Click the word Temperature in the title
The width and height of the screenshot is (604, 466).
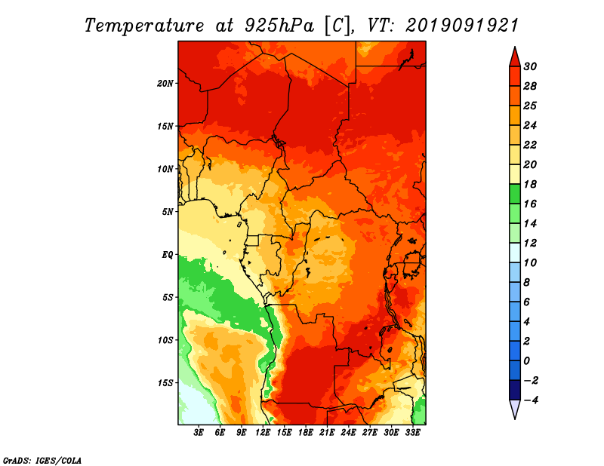(144, 26)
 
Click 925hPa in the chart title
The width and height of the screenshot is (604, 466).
(279, 26)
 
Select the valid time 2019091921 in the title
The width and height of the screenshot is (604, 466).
(462, 26)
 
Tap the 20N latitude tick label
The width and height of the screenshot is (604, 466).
(165, 84)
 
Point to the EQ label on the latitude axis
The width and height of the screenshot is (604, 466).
(167, 255)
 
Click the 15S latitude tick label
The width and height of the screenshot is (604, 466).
(165, 383)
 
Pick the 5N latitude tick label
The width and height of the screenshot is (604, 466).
(168, 212)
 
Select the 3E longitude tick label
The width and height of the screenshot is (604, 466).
(199, 433)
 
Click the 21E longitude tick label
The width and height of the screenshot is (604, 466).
(327, 433)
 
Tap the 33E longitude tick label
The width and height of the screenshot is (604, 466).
(412, 433)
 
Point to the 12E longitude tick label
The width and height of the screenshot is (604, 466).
(263, 433)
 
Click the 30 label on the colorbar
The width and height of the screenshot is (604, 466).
(530, 66)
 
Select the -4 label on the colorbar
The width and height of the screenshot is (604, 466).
(531, 400)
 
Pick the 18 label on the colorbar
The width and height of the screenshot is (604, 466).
(530, 184)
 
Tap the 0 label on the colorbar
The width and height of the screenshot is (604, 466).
(526, 361)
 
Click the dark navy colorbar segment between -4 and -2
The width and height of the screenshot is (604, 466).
(515, 390)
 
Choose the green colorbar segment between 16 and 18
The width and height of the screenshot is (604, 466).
(515, 194)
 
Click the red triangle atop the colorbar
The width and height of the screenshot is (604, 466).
(515, 57)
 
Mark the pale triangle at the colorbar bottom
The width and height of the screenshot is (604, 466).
(515, 409)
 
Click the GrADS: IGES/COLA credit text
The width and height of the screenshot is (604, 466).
(42, 461)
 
